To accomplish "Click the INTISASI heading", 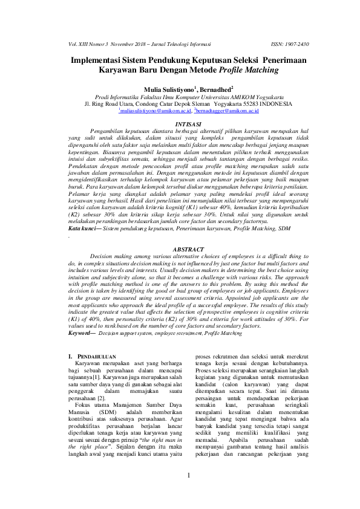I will (x=180, y=123).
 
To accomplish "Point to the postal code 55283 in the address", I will (x=215, y=103).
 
